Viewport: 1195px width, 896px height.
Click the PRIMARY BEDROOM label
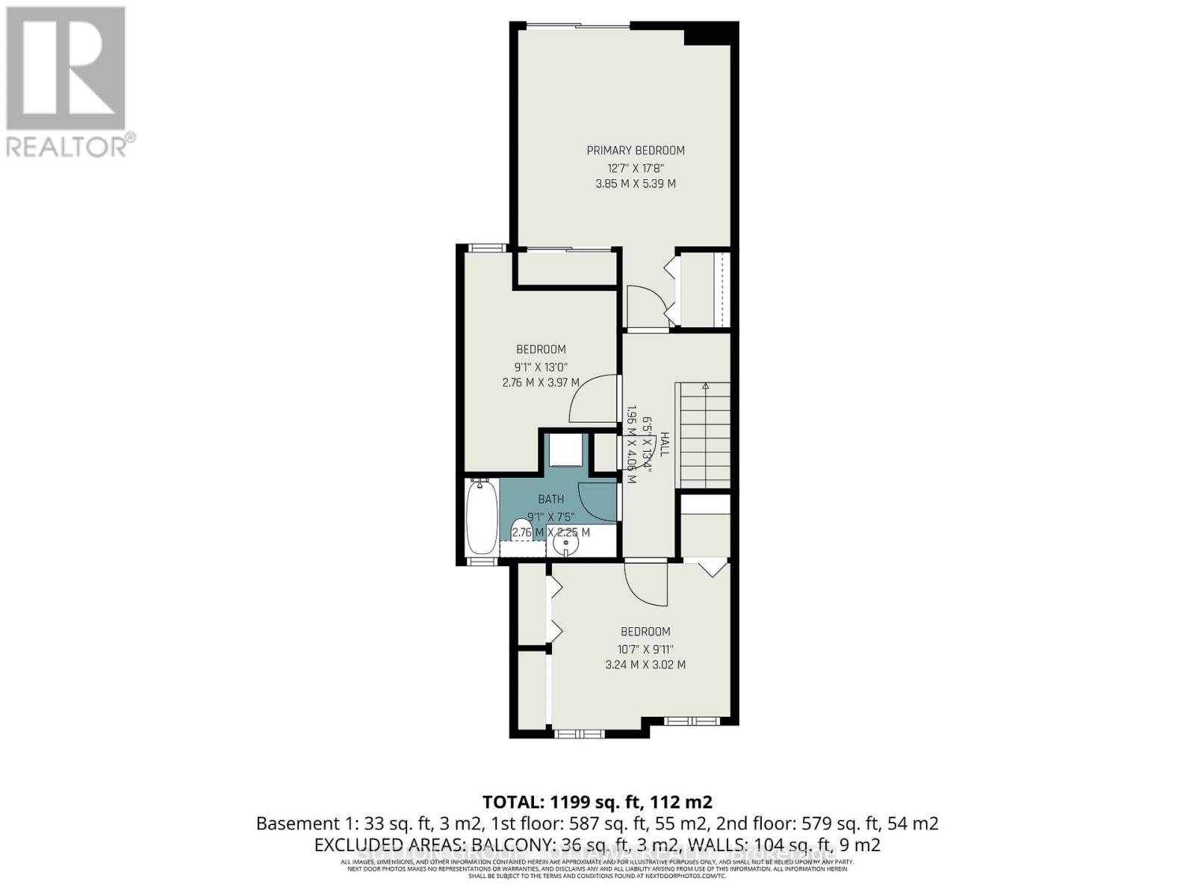(635, 150)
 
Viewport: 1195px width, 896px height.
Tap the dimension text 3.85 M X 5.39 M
(635, 184)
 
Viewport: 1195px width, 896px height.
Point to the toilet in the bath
(522, 530)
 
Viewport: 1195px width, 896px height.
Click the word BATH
(551, 500)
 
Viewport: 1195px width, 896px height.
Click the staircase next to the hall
(703, 433)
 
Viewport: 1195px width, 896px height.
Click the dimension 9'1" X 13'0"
(541, 367)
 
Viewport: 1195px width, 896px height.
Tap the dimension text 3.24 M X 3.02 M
(645, 665)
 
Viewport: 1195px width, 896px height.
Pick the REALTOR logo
(68, 82)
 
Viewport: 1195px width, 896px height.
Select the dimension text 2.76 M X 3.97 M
(541, 383)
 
